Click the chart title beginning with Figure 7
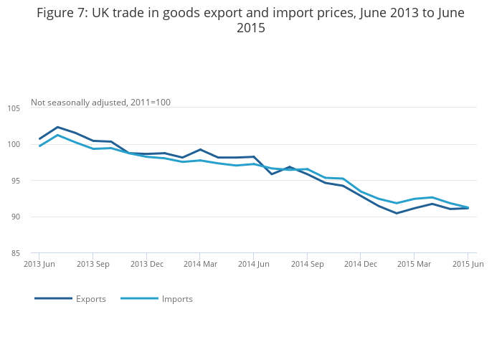250,21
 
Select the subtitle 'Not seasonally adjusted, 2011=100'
100,103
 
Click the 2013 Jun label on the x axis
39,264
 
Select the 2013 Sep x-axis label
93,264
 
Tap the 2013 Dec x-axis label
146,264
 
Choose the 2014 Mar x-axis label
200,264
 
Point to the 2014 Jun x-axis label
253,264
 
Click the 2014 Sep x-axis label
307,264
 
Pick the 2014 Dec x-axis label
360,264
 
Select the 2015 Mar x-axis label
414,264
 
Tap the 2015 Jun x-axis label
468,264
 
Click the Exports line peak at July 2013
57,127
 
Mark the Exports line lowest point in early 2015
396,213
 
